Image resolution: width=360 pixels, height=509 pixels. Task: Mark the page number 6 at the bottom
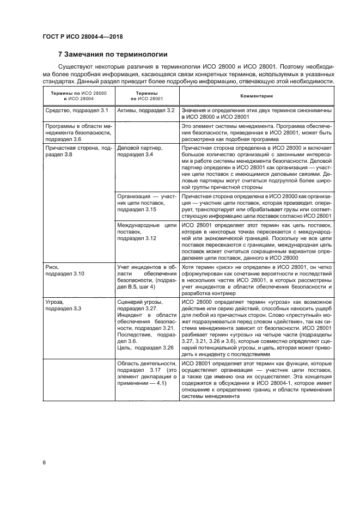(x=44, y=462)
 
